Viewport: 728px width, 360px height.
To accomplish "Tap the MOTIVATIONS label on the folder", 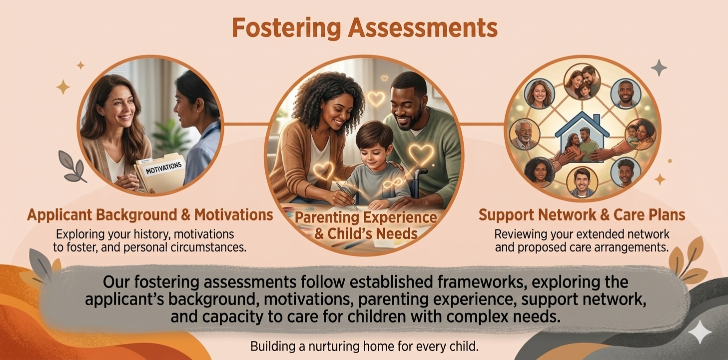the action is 163,168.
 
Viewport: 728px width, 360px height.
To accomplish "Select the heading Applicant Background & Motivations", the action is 150,215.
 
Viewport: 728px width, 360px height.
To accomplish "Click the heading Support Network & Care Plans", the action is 582,215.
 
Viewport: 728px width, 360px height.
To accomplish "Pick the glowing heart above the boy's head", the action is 376,99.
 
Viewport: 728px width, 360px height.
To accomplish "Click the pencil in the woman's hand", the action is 346,195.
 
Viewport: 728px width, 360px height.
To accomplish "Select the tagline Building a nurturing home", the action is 364,346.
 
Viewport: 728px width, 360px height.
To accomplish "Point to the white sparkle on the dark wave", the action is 700,332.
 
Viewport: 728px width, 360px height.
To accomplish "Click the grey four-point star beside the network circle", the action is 659,67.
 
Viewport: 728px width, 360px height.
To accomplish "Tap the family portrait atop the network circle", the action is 582,82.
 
